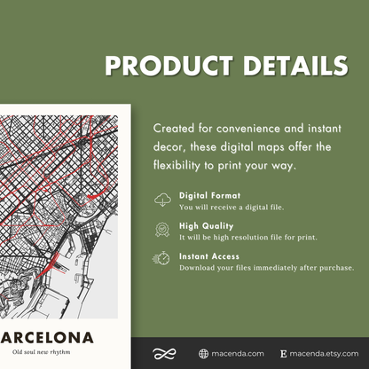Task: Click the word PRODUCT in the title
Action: tap(161, 66)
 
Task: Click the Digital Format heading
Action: tap(210, 194)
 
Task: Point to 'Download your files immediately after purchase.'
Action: tap(266, 267)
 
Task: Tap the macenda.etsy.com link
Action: tap(322, 353)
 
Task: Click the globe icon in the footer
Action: tap(204, 353)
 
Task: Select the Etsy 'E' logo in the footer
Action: tap(283, 353)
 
